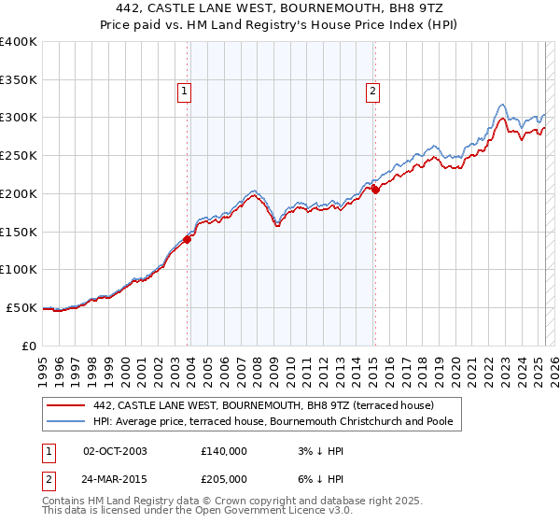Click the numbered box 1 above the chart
point(185,92)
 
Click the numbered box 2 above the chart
point(372,92)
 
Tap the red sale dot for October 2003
point(187,239)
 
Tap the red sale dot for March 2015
point(375,190)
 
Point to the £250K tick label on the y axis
point(18,155)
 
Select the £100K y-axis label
point(18,269)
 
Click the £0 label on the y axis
point(29,345)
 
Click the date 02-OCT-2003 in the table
point(115,451)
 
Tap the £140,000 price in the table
point(223,451)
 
